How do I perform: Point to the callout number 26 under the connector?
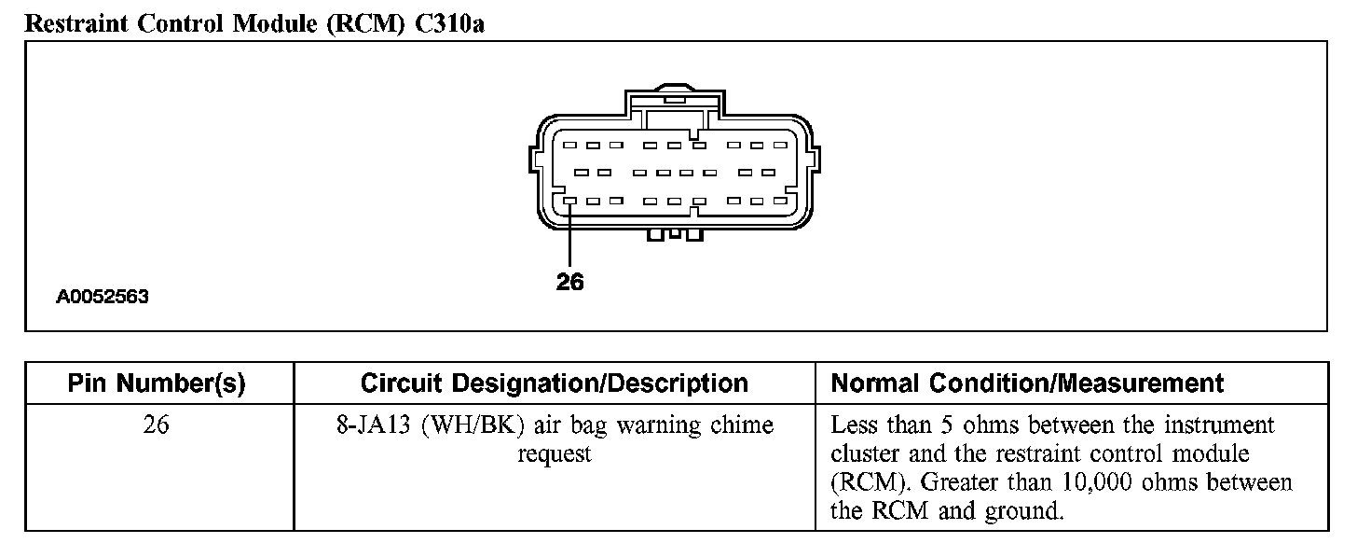pos(569,282)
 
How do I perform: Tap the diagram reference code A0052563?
pos(103,299)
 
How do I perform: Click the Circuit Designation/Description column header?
pos(554,383)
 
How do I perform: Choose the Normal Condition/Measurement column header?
pos(1027,383)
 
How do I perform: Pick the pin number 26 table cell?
pos(158,425)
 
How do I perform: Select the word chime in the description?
pos(742,426)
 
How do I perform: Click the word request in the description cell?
pos(555,455)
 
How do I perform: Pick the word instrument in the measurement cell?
pos(1220,425)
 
